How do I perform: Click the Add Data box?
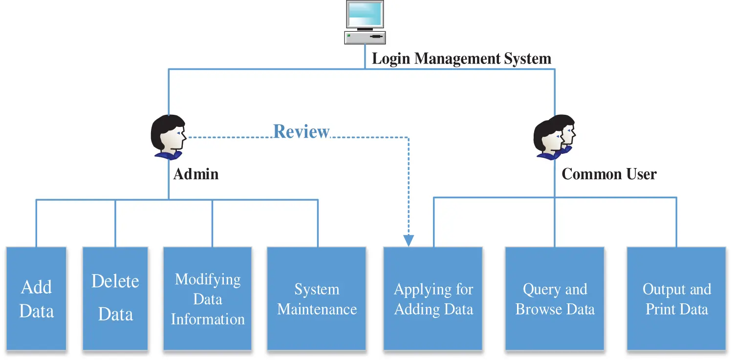click(36, 298)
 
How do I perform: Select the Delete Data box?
click(115, 298)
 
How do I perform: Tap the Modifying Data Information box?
click(208, 298)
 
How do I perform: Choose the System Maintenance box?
click(317, 298)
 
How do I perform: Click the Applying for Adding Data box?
click(433, 298)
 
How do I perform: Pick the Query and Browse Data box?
click(555, 298)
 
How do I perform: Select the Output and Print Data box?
click(676, 298)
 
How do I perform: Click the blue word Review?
click(302, 131)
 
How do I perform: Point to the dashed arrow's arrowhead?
click(409, 240)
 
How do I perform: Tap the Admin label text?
click(196, 174)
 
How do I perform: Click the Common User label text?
click(609, 174)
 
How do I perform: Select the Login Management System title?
click(461, 59)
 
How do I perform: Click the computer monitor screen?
click(365, 15)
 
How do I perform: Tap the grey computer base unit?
click(365, 37)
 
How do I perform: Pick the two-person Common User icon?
click(554, 136)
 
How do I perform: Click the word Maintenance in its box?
click(317, 309)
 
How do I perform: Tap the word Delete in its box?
click(115, 281)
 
